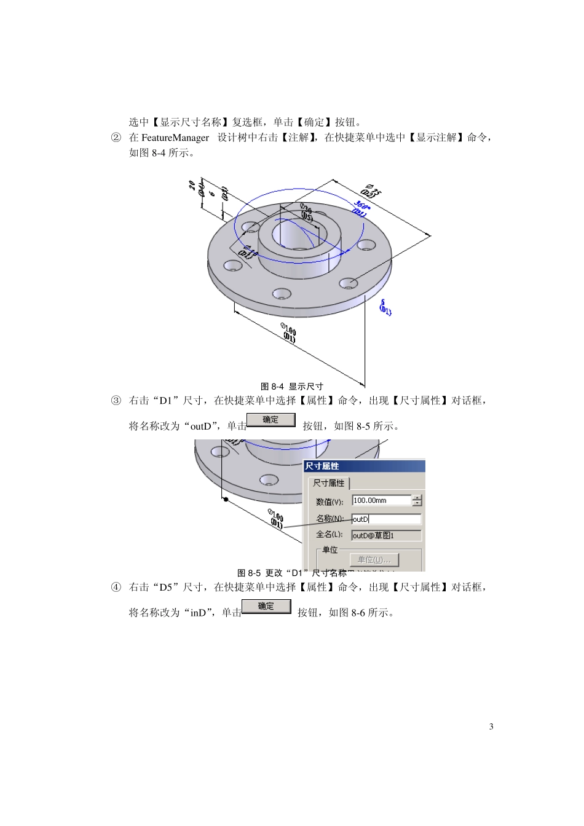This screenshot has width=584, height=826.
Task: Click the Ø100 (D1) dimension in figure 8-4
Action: (x=289, y=332)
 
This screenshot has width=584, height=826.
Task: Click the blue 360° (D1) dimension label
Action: (x=361, y=208)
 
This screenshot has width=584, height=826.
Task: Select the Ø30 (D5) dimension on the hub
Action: (x=306, y=213)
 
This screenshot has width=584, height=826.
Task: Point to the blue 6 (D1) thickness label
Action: (x=385, y=307)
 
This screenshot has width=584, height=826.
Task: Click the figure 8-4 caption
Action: (x=292, y=387)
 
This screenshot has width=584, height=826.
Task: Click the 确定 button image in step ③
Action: (x=271, y=420)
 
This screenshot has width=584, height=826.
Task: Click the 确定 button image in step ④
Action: (x=266, y=607)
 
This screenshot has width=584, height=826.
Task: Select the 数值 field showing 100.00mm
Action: (x=381, y=500)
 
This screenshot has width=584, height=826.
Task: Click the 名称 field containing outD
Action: (x=386, y=519)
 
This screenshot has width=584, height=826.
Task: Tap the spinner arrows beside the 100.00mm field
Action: (x=417, y=500)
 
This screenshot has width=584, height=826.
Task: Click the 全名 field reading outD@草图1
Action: (x=386, y=535)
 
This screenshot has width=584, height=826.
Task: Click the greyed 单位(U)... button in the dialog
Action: (x=374, y=560)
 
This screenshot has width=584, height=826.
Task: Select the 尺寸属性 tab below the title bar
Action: (x=329, y=483)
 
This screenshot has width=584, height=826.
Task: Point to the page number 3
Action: (x=491, y=726)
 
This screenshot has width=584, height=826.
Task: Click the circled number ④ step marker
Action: (x=116, y=587)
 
